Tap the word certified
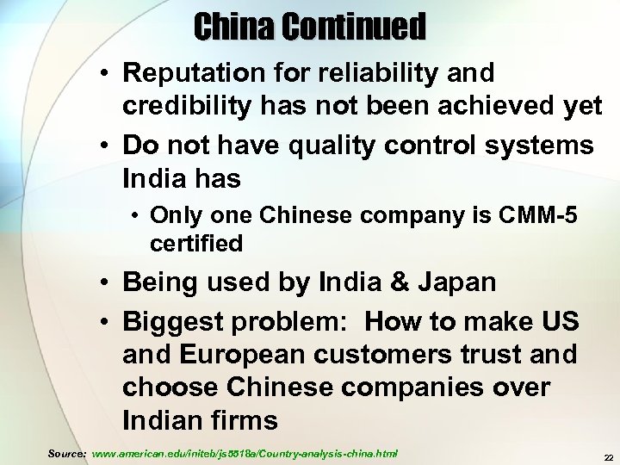coord(196,244)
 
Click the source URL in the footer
coord(245,452)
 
